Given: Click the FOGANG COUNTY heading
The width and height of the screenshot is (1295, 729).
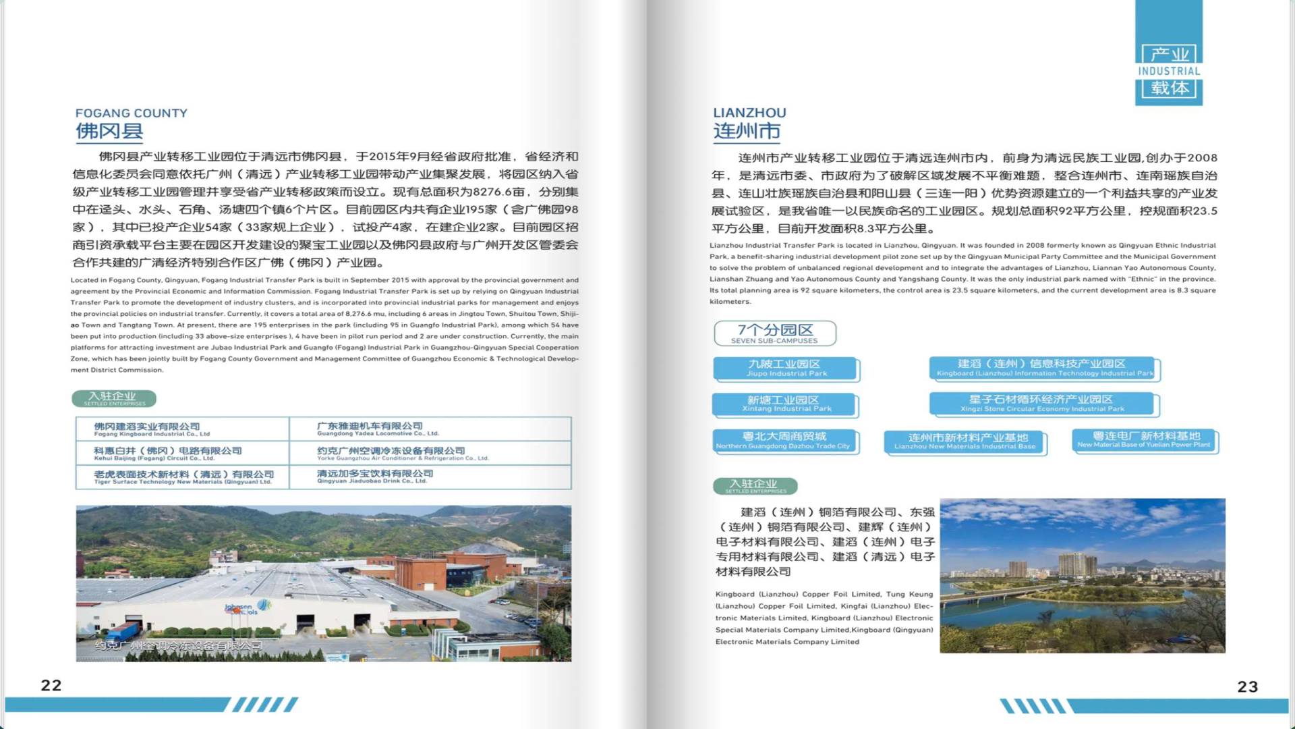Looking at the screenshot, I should (x=132, y=113).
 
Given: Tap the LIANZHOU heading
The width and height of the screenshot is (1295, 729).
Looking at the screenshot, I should (x=749, y=113).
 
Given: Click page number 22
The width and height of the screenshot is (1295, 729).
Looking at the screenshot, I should (x=51, y=685).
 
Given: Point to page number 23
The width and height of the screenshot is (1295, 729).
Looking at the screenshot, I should (x=1247, y=686).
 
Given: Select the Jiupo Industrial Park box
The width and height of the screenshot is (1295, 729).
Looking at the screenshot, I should (x=786, y=369).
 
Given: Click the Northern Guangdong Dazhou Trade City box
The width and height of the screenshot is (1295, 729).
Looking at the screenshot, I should (x=784, y=441).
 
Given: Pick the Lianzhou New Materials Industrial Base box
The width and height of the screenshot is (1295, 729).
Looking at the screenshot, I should (x=965, y=441).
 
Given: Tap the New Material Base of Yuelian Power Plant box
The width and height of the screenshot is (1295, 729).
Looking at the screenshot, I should (x=1145, y=440).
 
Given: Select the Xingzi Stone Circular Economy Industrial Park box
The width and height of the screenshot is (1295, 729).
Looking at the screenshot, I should (x=1042, y=404).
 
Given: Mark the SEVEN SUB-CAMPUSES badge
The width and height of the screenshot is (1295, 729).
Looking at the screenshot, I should (x=775, y=333).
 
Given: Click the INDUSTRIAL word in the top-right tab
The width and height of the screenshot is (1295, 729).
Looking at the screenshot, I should (x=1169, y=71).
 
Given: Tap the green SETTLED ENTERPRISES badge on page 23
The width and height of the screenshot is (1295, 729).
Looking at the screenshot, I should (x=755, y=486).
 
